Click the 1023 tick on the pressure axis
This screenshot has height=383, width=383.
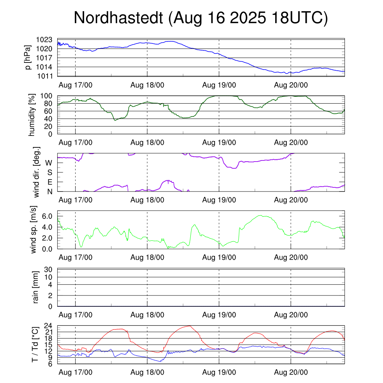[47, 39]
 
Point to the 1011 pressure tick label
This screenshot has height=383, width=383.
[47, 76]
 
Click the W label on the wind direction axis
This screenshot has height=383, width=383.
[49, 163]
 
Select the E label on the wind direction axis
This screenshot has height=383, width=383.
[50, 182]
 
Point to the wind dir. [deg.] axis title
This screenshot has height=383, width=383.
[37, 172]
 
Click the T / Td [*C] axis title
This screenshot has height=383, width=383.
[35, 344]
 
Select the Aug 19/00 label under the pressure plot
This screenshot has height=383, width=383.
[219, 85]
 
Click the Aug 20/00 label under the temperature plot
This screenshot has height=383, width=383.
[291, 373]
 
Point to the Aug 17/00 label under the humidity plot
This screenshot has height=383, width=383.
[76, 143]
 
